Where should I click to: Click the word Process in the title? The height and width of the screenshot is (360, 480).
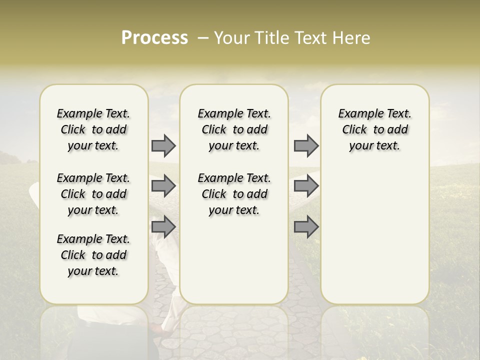point(154,38)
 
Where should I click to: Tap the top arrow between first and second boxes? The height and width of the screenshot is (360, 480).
point(163,145)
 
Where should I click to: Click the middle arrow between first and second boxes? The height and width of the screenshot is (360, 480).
point(163,186)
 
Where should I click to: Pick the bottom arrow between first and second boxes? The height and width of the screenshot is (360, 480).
point(163,226)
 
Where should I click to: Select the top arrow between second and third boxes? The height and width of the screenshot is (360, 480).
point(306,145)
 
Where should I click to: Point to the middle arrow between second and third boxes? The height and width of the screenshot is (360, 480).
point(306,186)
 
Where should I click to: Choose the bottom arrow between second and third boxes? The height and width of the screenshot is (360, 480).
point(306,226)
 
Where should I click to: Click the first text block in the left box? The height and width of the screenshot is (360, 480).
point(93,129)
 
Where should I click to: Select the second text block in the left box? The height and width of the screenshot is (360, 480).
point(93,194)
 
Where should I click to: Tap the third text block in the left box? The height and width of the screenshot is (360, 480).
point(93,255)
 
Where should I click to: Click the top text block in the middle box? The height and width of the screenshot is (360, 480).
point(234,129)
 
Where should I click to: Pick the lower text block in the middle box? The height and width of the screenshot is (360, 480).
point(234,194)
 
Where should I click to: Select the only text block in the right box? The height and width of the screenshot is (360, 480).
point(374,129)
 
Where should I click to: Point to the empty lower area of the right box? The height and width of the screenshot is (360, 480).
point(374,235)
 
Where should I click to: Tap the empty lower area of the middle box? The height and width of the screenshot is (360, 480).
point(234,260)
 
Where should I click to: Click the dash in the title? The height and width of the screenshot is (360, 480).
point(203,38)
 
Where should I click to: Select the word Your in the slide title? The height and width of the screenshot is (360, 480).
point(230,38)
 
